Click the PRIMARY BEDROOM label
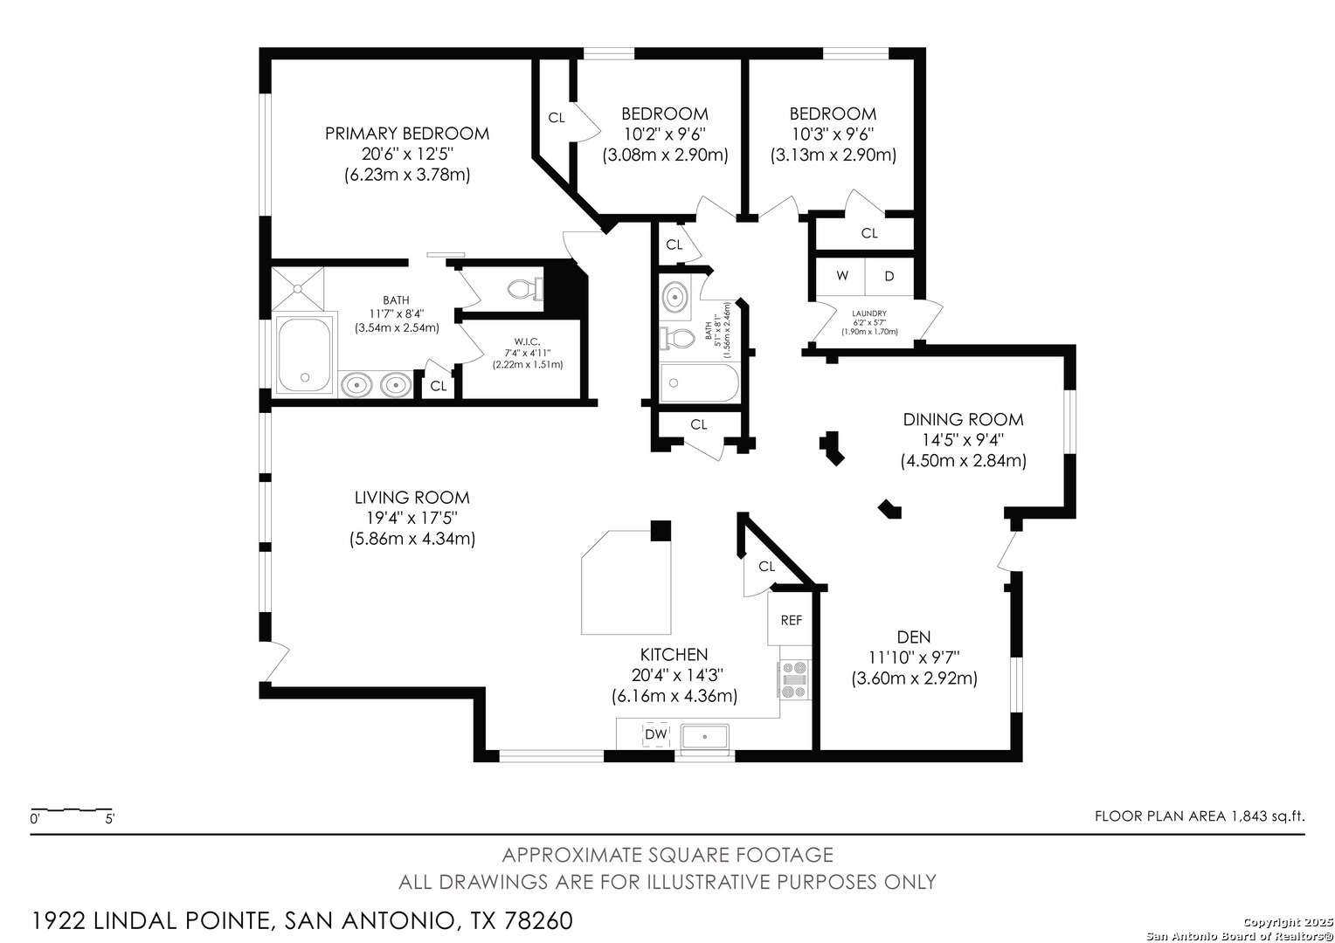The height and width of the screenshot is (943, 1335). point(407,134)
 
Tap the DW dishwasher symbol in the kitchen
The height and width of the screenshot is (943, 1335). point(656,734)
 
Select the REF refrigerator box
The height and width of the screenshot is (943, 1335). point(791,620)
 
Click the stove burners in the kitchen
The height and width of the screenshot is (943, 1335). point(795,679)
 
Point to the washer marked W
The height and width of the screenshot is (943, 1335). point(841,276)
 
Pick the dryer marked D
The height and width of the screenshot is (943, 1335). point(889,276)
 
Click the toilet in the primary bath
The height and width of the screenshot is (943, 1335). point(525,290)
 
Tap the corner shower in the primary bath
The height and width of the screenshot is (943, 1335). point(298,289)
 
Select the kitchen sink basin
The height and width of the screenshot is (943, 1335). point(705,736)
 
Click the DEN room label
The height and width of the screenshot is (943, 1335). point(914,637)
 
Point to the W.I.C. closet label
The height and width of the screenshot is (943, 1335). point(527,341)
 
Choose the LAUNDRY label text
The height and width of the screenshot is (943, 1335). point(869,313)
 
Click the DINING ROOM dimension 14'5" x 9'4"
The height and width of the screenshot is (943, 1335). point(963,440)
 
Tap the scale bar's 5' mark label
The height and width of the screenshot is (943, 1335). point(110,819)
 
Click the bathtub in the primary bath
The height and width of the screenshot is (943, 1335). point(304,354)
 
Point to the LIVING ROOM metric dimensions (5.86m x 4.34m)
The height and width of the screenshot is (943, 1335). point(412,539)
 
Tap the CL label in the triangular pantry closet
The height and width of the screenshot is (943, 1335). point(766,566)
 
